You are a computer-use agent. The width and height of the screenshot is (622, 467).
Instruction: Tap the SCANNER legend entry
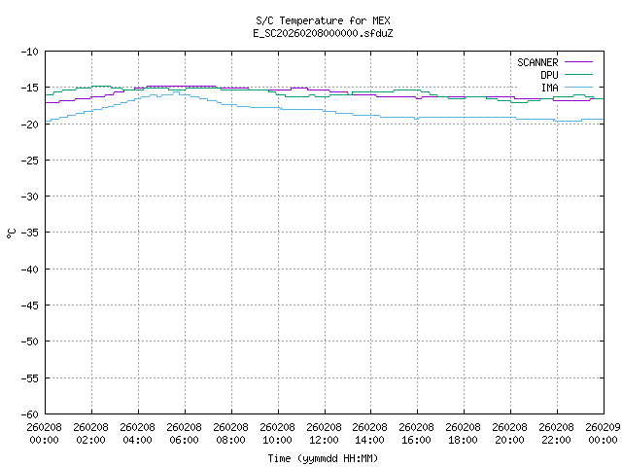click(536, 62)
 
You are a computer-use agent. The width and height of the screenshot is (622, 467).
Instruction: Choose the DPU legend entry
click(549, 75)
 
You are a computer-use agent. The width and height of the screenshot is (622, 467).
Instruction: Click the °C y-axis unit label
click(12, 233)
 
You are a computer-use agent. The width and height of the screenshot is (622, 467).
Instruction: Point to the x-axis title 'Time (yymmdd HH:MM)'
click(324, 458)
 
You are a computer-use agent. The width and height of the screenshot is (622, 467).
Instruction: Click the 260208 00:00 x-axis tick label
click(45, 433)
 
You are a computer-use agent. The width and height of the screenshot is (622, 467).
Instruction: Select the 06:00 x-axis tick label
click(185, 433)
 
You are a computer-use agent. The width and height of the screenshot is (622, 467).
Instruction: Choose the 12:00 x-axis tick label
click(325, 433)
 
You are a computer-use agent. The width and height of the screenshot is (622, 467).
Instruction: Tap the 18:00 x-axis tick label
click(465, 433)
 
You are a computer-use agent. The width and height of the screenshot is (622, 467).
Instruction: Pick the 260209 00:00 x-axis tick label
click(603, 433)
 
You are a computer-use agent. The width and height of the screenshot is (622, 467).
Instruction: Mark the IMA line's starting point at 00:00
click(47, 121)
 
